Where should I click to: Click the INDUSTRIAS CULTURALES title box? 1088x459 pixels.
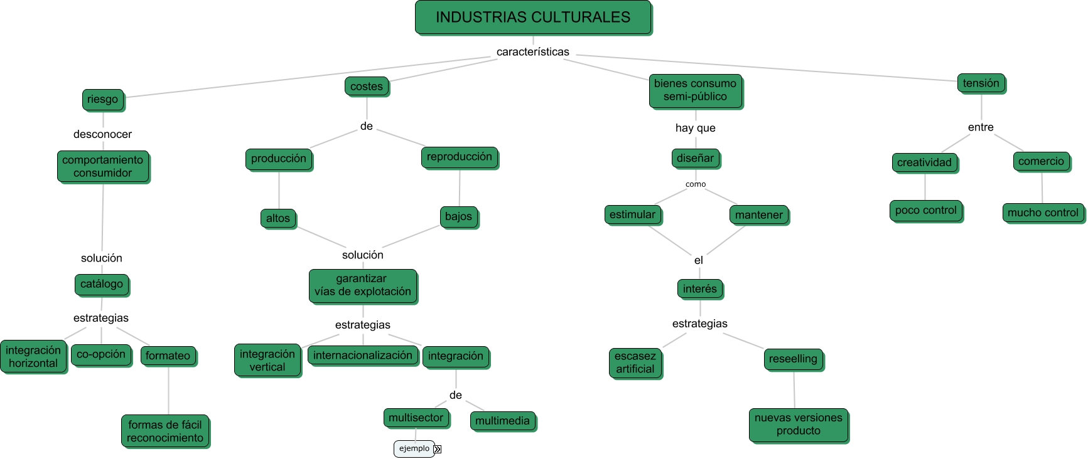point(533,18)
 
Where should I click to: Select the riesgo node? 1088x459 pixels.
point(103,99)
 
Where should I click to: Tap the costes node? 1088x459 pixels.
point(367,87)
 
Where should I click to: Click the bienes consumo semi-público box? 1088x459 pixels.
point(695,90)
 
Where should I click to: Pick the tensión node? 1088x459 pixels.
point(981,83)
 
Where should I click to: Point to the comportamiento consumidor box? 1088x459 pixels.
point(103,166)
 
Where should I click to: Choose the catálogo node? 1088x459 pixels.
point(102,284)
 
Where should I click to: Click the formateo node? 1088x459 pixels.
point(168,356)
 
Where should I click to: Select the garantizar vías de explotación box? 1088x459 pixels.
point(362,285)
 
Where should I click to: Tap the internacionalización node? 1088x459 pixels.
point(362,355)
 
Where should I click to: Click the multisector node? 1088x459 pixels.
point(416,418)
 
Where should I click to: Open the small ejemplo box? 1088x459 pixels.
point(414,448)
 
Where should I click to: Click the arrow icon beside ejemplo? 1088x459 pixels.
point(438,449)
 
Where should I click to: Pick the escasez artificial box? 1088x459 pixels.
point(635,362)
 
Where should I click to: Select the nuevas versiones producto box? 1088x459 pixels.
point(798,425)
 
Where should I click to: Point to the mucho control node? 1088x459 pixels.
point(1043,213)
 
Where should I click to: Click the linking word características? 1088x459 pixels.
point(532,52)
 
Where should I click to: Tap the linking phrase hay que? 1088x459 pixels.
point(695,128)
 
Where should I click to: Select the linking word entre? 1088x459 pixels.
point(981,127)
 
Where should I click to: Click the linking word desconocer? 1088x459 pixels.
point(102,134)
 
